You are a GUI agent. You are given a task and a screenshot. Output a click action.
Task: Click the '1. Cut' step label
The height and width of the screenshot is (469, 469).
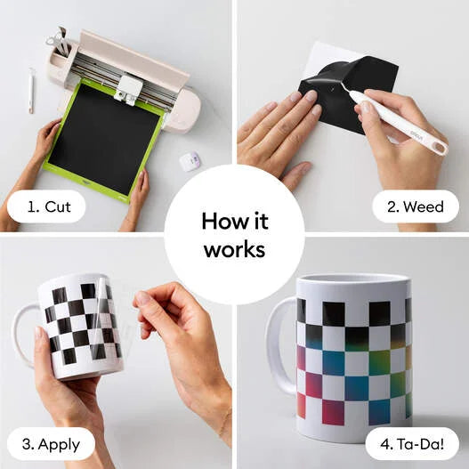pos(49,206)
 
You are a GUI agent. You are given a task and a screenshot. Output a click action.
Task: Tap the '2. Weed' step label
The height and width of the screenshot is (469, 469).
pos(416,206)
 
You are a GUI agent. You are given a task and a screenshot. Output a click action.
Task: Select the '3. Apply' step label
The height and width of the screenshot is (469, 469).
pos(51,445)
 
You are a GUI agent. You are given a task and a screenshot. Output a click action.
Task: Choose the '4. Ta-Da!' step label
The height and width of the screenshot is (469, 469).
pos(412,444)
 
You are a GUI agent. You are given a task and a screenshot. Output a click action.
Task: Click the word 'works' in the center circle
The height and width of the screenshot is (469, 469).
pos(235,249)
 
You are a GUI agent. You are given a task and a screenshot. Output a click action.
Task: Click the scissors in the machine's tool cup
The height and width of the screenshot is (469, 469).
pos(59,40)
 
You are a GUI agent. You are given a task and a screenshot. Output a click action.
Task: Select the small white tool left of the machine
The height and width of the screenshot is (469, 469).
pos(31,91)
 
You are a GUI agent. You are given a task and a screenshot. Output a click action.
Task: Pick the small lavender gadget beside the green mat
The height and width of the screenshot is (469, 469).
pos(190,161)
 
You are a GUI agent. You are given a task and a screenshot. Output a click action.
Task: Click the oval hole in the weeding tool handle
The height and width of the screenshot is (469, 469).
pos(439,148)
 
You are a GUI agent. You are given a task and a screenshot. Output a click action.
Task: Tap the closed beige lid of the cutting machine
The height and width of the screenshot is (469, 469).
pos(133,57)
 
